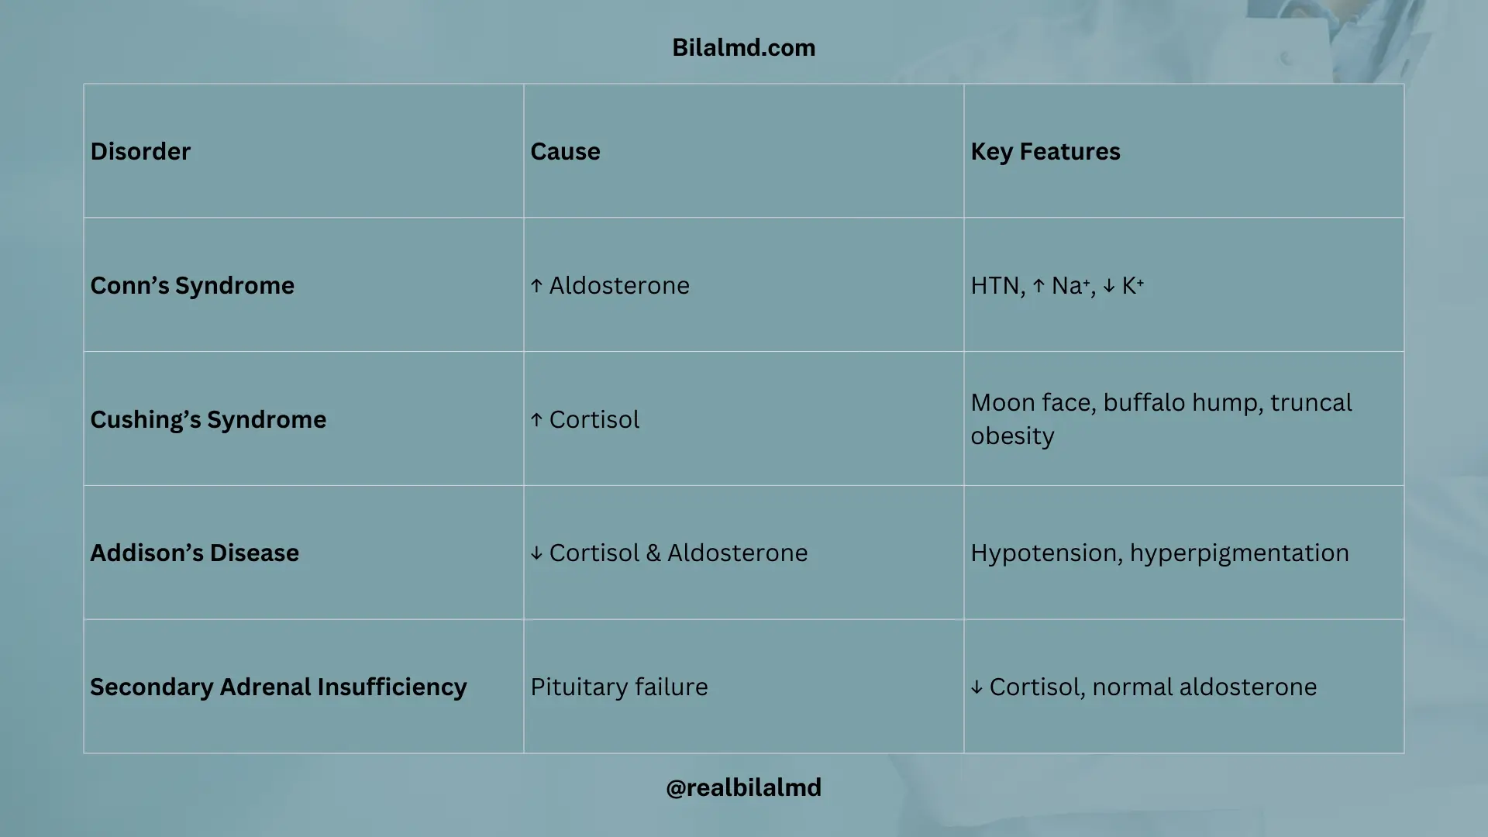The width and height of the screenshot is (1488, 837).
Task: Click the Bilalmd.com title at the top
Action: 743,47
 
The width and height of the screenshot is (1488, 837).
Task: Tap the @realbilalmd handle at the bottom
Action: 743,787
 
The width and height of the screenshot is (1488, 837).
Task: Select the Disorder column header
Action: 140,151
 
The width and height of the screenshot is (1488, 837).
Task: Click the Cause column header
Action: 565,151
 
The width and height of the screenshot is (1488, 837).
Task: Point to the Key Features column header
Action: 1045,151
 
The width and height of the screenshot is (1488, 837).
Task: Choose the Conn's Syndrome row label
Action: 192,285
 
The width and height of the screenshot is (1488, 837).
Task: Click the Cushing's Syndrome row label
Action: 208,419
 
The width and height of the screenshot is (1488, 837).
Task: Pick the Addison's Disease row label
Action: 195,553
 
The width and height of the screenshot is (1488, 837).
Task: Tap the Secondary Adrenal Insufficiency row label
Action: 278,687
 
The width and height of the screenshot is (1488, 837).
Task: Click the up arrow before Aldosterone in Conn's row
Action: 536,286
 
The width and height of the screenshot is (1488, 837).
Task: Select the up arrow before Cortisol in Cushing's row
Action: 536,420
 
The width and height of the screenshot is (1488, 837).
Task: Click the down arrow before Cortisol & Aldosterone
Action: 536,553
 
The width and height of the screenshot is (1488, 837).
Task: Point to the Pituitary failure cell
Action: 618,687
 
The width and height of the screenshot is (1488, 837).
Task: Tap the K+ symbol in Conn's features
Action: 1132,285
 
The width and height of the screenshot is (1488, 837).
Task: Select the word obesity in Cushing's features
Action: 1012,436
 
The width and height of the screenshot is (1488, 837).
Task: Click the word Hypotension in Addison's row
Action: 1046,553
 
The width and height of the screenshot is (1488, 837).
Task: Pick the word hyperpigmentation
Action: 1239,553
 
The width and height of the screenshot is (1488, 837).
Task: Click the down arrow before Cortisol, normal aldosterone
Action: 976,687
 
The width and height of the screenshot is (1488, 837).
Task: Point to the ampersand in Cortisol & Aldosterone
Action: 653,553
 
